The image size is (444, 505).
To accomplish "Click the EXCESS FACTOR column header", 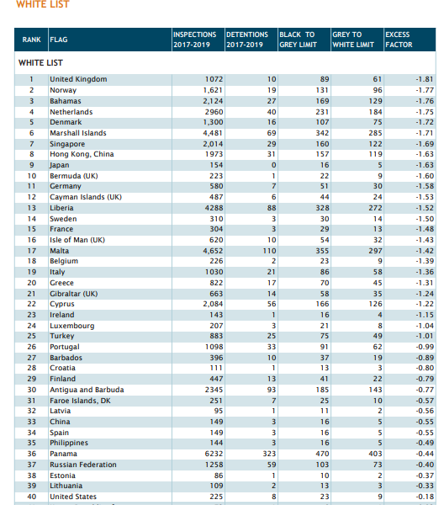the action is coord(399,40).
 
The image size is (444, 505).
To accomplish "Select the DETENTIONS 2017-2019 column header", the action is coord(247,40).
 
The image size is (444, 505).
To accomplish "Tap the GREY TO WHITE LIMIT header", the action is coord(353,40).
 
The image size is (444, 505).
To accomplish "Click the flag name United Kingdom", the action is coord(78,79).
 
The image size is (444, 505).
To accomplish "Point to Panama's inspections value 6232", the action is coord(214,454).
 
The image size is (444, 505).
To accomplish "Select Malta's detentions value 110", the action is coord(269,251).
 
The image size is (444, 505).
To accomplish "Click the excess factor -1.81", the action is coord(425,79).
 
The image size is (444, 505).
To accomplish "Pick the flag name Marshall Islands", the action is coord(78,133).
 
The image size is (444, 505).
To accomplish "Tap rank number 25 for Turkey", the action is coord(31,336).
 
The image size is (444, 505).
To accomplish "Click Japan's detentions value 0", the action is coord(273,165).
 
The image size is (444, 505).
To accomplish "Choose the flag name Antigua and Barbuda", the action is coord(87,390).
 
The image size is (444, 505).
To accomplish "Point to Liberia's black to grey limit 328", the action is coord(322,208).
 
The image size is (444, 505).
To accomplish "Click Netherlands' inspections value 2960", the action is coord(214,112).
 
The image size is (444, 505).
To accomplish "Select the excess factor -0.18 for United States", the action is coord(425,497).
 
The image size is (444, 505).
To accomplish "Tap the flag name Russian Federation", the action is coord(83,465).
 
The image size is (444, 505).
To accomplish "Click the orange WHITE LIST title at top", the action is coord(43,4).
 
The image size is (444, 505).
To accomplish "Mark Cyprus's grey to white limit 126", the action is coord(376,304).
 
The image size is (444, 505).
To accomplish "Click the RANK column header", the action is coord(31,40).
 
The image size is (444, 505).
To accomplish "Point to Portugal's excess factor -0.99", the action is coord(425,347).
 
